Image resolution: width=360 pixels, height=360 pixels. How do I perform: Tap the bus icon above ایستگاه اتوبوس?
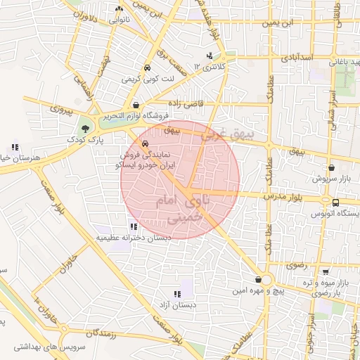[335, 202]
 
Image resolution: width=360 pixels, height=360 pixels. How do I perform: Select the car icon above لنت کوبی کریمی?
[146, 68]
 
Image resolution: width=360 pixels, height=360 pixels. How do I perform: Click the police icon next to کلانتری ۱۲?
[209, 56]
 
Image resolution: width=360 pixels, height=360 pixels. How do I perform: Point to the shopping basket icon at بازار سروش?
[331, 169]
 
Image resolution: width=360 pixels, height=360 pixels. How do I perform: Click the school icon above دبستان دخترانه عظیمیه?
[133, 226]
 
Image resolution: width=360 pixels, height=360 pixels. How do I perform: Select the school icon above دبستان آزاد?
[176, 293]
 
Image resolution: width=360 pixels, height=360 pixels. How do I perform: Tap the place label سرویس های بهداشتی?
[42, 348]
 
